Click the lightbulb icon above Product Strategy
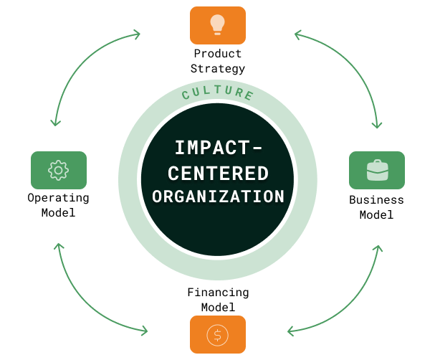217,24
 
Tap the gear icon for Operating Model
58,170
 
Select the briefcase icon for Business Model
376,170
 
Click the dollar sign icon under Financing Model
217,334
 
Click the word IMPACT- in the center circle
218,148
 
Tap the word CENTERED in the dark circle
217,173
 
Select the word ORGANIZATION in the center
218,196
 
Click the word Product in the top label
218,54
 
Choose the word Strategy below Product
218,69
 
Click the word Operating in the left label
58,197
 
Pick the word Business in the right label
376,199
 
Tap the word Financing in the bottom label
218,293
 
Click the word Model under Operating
58,212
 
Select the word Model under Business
376,214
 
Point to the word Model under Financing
218,308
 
